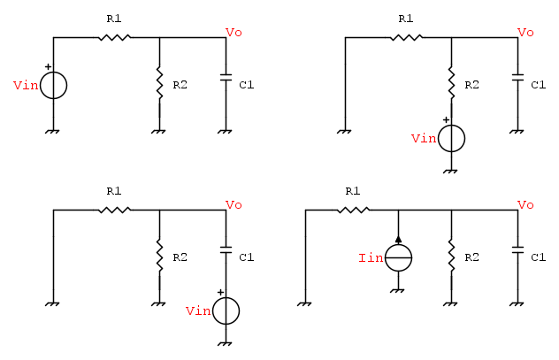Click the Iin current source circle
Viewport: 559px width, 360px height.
coord(398,257)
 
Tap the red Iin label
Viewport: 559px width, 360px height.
coord(370,257)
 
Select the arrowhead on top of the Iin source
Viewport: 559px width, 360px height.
coord(398,239)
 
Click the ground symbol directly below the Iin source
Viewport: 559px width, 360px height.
coord(398,289)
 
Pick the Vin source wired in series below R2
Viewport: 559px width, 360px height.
coord(451,138)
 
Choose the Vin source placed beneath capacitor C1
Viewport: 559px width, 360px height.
coord(226,310)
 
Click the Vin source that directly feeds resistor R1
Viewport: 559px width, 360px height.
coord(54,85)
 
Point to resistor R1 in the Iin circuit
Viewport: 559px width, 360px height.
coord(353,211)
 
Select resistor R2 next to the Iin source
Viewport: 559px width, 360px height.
coord(451,257)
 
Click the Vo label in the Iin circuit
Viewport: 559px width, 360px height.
coord(525,204)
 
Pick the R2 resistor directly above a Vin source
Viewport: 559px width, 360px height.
coord(451,83)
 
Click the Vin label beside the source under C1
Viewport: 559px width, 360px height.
coord(198,310)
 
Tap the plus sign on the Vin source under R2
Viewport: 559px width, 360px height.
coord(447,119)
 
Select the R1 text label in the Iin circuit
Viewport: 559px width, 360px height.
coord(353,191)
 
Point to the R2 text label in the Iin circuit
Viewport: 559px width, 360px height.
coord(471,257)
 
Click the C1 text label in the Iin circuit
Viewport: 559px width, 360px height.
coord(538,257)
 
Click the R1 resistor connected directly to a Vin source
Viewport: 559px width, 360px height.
coord(114,37)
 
